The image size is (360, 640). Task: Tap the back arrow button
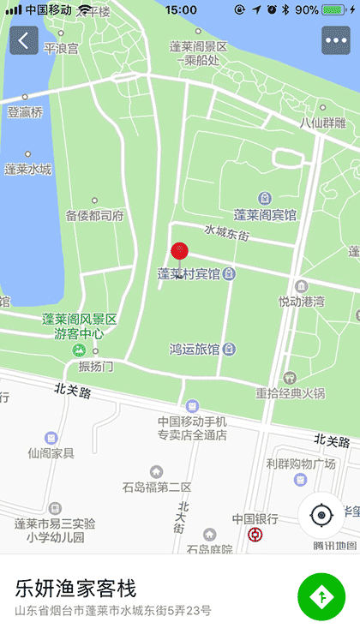(x=24, y=40)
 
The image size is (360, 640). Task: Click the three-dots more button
(x=335, y=40)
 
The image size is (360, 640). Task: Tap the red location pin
(x=179, y=251)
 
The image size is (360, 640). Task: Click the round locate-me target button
(x=321, y=515)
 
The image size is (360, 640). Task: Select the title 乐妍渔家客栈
(x=75, y=589)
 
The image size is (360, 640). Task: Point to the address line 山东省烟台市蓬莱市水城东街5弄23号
(x=112, y=612)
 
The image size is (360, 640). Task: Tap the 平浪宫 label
(x=61, y=49)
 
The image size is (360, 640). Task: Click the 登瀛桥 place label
(x=25, y=112)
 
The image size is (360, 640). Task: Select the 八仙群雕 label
(x=322, y=123)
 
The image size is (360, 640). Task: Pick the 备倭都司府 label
(x=95, y=215)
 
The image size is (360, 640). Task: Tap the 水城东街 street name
(x=226, y=231)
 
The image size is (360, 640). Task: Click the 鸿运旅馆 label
(x=195, y=350)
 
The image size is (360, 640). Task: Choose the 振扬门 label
(x=95, y=366)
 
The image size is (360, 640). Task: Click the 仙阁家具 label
(x=51, y=452)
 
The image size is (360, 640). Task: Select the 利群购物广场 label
(x=300, y=464)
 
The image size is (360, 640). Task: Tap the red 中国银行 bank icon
(x=255, y=535)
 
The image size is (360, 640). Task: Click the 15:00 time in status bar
(x=181, y=9)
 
